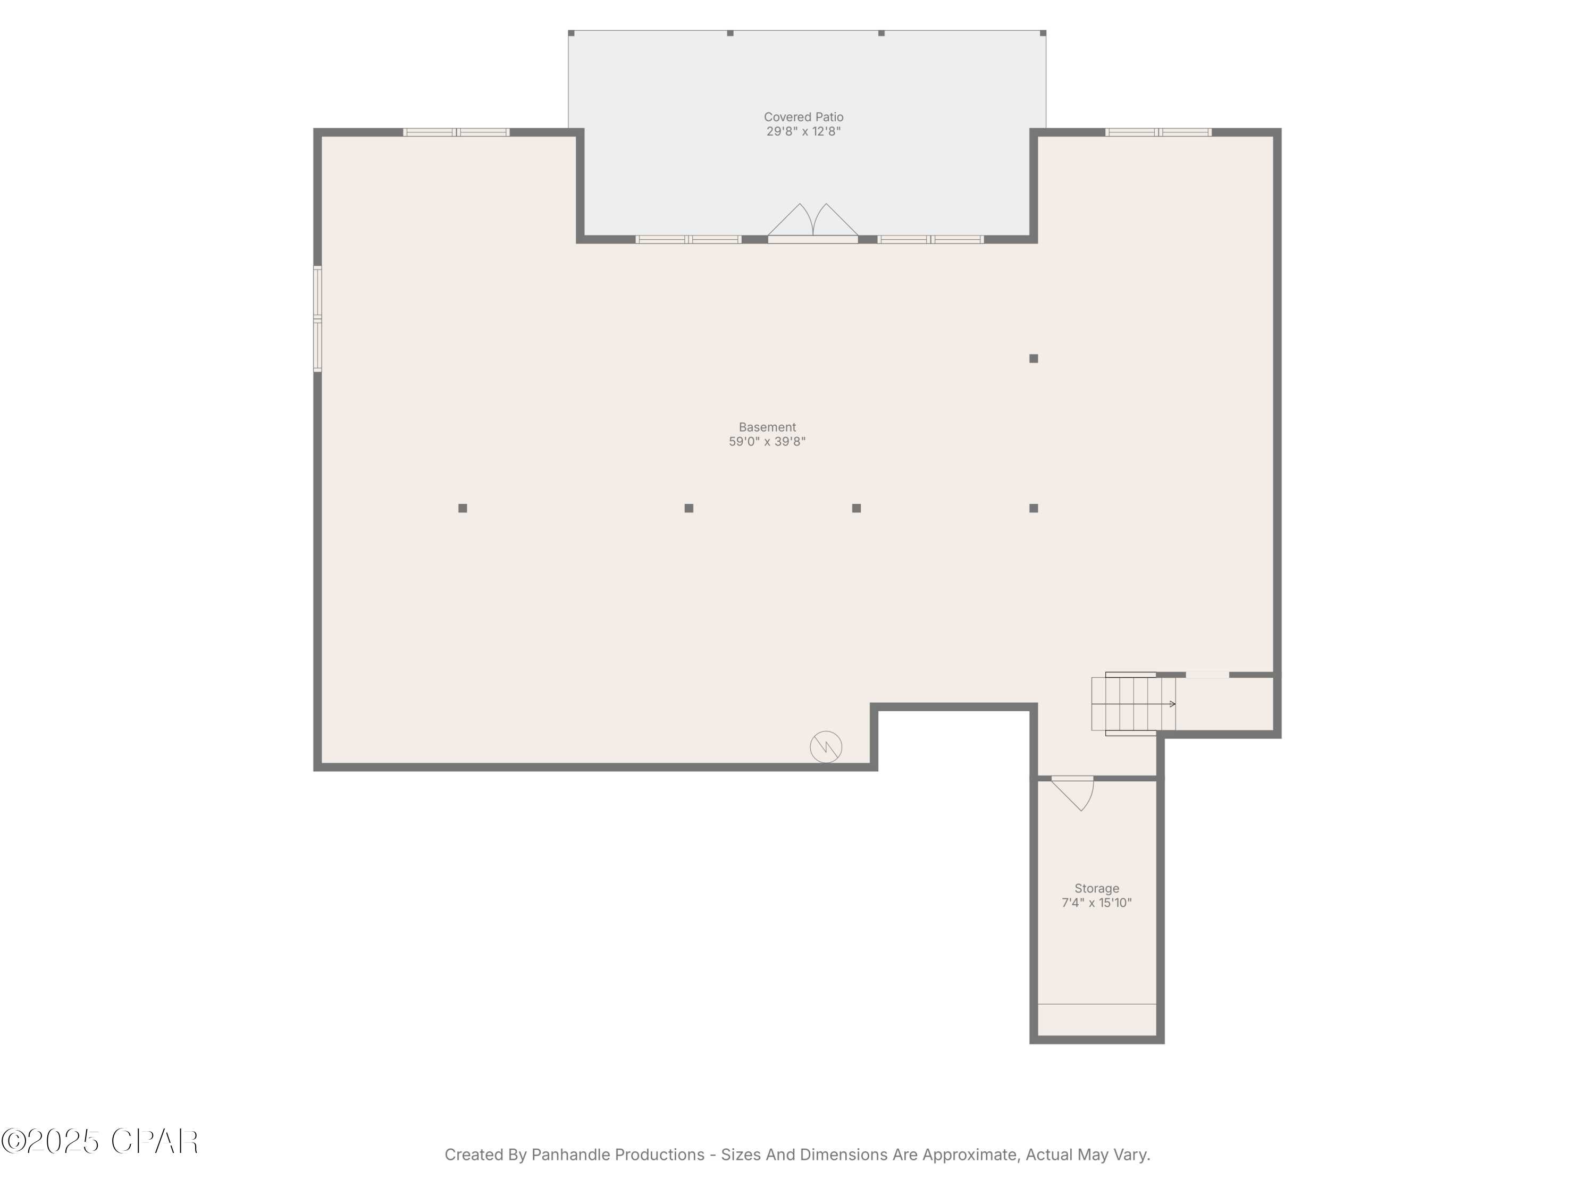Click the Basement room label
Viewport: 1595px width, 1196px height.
pos(767,427)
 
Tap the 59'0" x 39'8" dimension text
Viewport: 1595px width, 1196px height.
pos(767,441)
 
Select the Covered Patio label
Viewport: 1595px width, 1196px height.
pos(803,117)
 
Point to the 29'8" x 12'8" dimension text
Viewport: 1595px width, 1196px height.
pos(803,131)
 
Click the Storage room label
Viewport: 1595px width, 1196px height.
pos(1097,888)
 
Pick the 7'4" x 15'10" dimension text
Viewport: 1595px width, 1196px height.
pos(1097,903)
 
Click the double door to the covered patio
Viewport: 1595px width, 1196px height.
pos(812,223)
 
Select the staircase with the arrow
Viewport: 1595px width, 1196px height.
pos(1134,704)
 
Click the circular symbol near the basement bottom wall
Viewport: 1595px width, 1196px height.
pos(826,747)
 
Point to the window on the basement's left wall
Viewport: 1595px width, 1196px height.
pos(317,318)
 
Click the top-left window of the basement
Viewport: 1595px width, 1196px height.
pos(456,132)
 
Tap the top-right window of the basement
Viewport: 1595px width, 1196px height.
pos(1158,132)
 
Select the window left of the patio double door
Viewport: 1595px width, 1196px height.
pos(688,239)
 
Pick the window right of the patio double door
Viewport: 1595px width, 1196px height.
pos(930,239)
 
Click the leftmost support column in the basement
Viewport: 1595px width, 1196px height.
pos(463,508)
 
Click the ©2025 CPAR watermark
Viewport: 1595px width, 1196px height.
pos(99,1141)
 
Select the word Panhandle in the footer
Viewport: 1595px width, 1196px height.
pos(618,1155)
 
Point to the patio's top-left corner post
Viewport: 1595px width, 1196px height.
pos(571,33)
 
